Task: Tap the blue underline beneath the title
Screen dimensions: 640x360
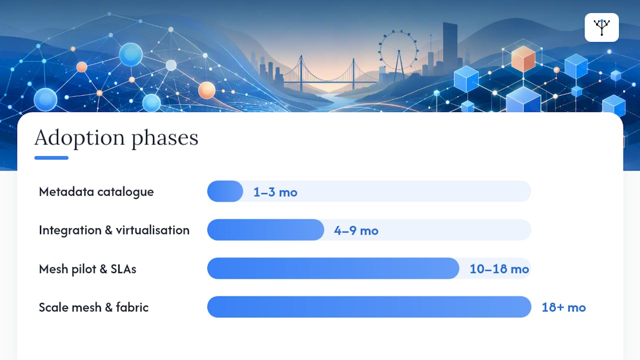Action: click(x=51, y=157)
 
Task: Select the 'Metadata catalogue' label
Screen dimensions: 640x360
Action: click(x=96, y=192)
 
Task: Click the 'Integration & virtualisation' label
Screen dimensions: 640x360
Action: click(x=114, y=230)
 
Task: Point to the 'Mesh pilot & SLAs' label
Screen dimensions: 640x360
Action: click(x=87, y=269)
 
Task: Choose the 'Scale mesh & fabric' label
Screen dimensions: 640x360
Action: click(x=93, y=307)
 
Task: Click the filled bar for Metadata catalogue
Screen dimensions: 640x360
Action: click(x=225, y=191)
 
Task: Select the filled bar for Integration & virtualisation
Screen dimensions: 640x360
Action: click(x=265, y=229)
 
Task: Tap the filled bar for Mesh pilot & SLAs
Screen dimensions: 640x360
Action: click(x=333, y=268)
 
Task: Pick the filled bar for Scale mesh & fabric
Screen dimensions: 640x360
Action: click(x=369, y=307)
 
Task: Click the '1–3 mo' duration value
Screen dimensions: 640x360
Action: click(x=275, y=192)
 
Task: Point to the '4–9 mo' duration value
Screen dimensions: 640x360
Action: click(x=356, y=230)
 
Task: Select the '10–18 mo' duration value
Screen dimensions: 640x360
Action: click(x=499, y=269)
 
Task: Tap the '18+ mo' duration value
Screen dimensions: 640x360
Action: click(x=563, y=307)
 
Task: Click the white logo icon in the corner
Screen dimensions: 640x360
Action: click(x=601, y=27)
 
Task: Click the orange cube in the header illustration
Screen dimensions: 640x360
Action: click(x=523, y=58)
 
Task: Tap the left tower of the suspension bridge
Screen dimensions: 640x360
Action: click(x=301, y=73)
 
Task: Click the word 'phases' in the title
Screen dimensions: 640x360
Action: click(x=165, y=139)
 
